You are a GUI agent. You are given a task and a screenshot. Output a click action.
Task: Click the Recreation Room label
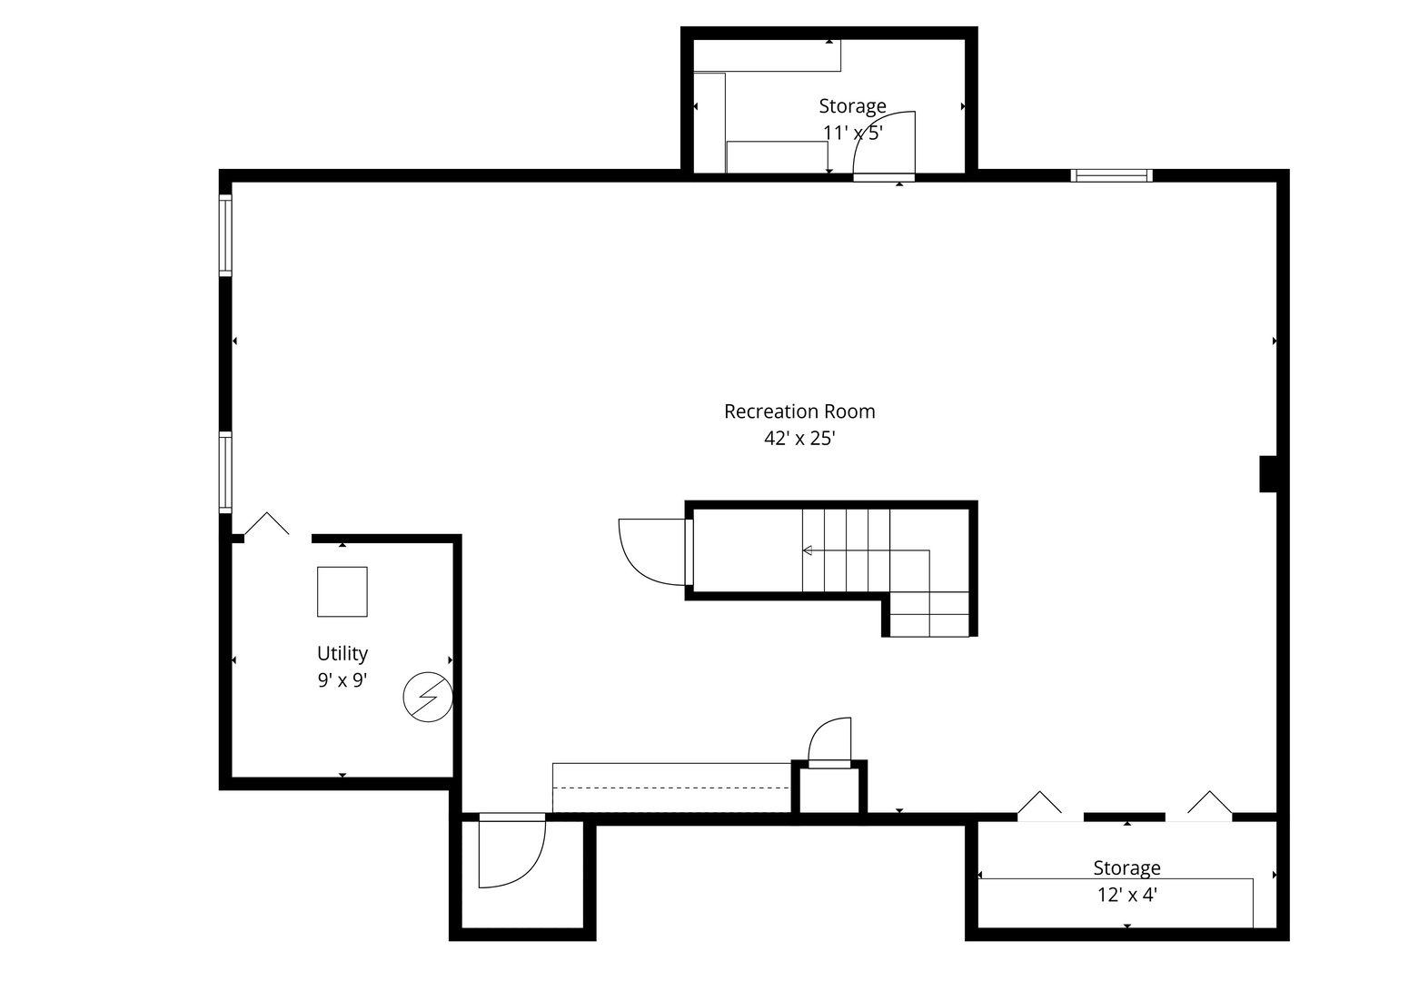point(799,411)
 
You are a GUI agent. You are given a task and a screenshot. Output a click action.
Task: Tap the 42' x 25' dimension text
point(799,439)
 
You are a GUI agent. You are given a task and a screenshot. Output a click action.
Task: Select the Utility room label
point(342,653)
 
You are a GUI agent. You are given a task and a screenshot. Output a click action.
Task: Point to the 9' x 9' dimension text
point(342,680)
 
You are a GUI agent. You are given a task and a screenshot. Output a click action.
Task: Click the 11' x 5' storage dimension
point(852,133)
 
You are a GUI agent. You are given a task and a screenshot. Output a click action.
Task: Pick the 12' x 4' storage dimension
point(1126,895)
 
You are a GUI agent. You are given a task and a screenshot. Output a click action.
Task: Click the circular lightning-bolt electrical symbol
point(428,697)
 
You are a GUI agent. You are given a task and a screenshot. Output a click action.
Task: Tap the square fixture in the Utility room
point(342,591)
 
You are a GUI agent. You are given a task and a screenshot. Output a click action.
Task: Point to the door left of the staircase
point(652,551)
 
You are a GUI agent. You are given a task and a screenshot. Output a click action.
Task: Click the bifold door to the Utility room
point(267,526)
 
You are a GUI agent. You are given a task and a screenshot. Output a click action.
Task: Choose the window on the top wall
point(1111,176)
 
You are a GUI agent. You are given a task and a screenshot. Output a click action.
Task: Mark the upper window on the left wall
point(225,235)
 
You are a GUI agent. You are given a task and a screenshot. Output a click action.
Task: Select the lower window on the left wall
point(225,472)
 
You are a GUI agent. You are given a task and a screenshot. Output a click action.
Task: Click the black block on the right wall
point(1268,473)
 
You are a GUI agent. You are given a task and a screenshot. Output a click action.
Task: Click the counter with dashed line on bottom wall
point(671,788)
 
